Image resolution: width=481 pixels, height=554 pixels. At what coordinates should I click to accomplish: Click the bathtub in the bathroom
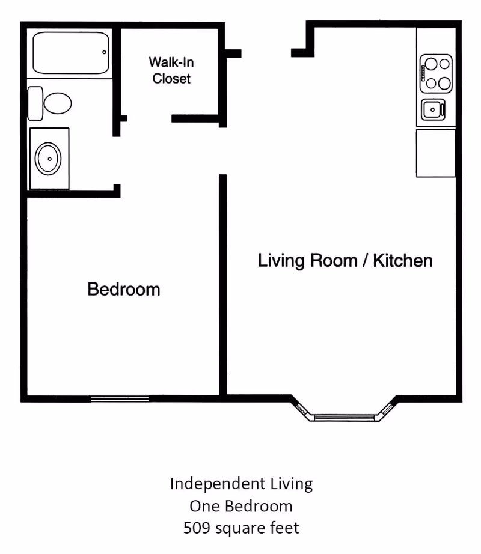coord(71,53)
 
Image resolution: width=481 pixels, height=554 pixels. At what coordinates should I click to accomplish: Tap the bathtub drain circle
coord(104,52)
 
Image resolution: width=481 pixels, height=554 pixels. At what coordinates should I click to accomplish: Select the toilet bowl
coord(58,103)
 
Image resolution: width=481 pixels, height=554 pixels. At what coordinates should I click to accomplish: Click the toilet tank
coord(35,103)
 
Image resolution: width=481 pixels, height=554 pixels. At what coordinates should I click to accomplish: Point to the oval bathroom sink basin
coord(48,159)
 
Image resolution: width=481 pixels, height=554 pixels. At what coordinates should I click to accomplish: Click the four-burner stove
coord(436,73)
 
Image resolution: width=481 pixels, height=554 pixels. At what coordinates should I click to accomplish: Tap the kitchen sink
coord(434,109)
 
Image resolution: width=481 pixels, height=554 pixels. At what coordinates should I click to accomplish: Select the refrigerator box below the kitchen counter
coord(436,153)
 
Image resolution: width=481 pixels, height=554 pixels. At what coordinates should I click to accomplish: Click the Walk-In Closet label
coord(171,70)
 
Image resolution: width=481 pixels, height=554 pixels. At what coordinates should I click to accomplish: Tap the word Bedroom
coord(124,289)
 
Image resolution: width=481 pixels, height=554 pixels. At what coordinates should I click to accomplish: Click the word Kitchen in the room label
coord(403,261)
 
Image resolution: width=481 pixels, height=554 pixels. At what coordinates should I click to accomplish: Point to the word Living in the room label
coord(281,261)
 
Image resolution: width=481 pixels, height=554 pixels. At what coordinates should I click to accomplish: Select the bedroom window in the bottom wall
coord(120,399)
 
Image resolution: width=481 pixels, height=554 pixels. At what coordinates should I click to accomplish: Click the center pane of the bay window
coord(345,418)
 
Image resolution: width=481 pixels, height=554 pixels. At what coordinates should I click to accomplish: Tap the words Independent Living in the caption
coord(241,484)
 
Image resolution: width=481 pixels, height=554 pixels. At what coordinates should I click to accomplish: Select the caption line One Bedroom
coord(241,506)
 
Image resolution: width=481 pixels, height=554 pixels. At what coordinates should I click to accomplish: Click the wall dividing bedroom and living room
coord(222,285)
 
